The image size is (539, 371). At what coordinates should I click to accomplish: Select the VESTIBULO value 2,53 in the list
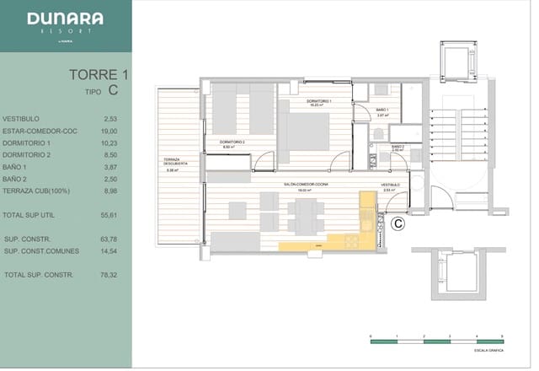click(110, 119)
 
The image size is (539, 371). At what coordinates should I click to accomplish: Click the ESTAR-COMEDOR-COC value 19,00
click(109, 132)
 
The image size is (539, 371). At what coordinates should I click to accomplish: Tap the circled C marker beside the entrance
click(399, 223)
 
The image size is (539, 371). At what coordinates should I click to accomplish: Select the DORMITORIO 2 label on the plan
click(232, 143)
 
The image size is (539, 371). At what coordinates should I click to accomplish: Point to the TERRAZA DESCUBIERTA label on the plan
click(174, 165)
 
